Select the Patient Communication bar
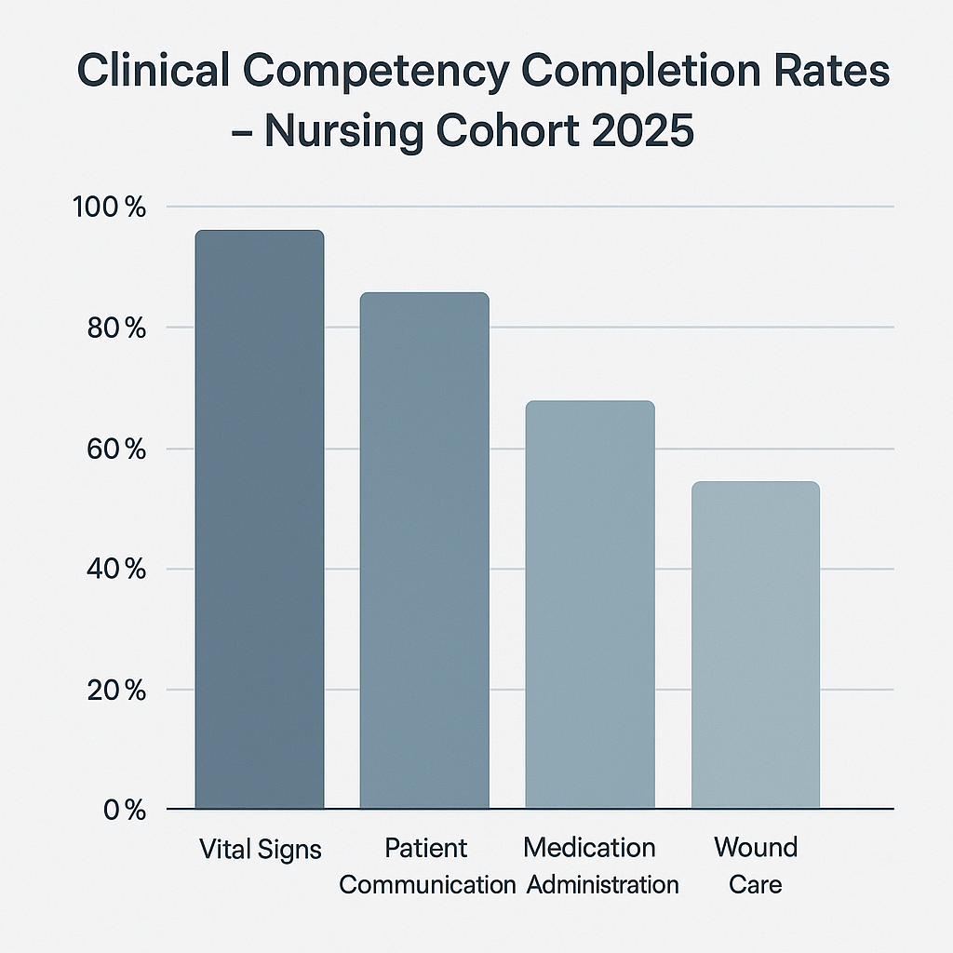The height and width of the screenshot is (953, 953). (x=424, y=550)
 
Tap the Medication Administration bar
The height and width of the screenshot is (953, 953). (x=590, y=605)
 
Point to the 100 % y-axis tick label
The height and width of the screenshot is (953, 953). (x=109, y=207)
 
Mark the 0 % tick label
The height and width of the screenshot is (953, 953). (x=125, y=810)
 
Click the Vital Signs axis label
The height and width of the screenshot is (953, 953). (x=261, y=849)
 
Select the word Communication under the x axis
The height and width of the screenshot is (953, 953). (x=427, y=883)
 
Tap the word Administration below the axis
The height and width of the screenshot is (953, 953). (x=602, y=883)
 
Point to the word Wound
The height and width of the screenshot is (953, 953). (x=756, y=848)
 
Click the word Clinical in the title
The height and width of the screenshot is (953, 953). (x=150, y=72)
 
